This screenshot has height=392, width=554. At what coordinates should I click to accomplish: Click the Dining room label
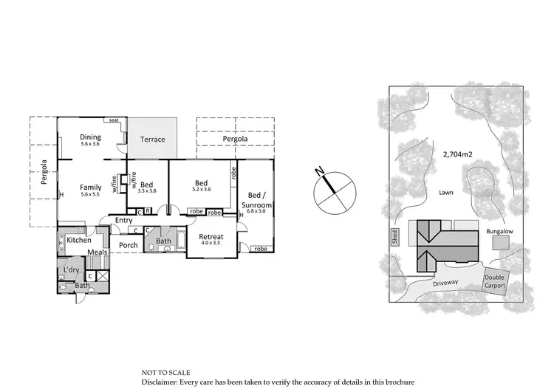pyautogui.click(x=91, y=137)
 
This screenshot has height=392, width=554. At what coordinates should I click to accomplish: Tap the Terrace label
pyautogui.click(x=153, y=140)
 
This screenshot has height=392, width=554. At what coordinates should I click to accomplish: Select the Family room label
pyautogui.click(x=91, y=188)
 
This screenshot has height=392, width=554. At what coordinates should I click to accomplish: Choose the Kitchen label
pyautogui.click(x=79, y=240)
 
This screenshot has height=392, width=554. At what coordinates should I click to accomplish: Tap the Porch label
pyautogui.click(x=129, y=245)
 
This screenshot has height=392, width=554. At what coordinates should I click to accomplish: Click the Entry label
pyautogui.click(x=123, y=220)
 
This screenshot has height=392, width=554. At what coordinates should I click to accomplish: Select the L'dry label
pyautogui.click(x=71, y=270)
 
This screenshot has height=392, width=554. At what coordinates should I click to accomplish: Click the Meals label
pyautogui.click(x=98, y=252)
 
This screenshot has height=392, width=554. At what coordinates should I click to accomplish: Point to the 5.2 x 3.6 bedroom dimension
pyautogui.click(x=202, y=189)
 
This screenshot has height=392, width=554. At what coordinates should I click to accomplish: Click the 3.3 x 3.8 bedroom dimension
pyautogui.click(x=147, y=190)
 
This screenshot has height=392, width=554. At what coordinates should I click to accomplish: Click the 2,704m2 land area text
pyautogui.click(x=458, y=154)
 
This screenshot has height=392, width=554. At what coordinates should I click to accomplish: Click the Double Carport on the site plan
pyautogui.click(x=494, y=282)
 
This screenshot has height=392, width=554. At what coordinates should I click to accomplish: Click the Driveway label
pyautogui.click(x=446, y=282)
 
